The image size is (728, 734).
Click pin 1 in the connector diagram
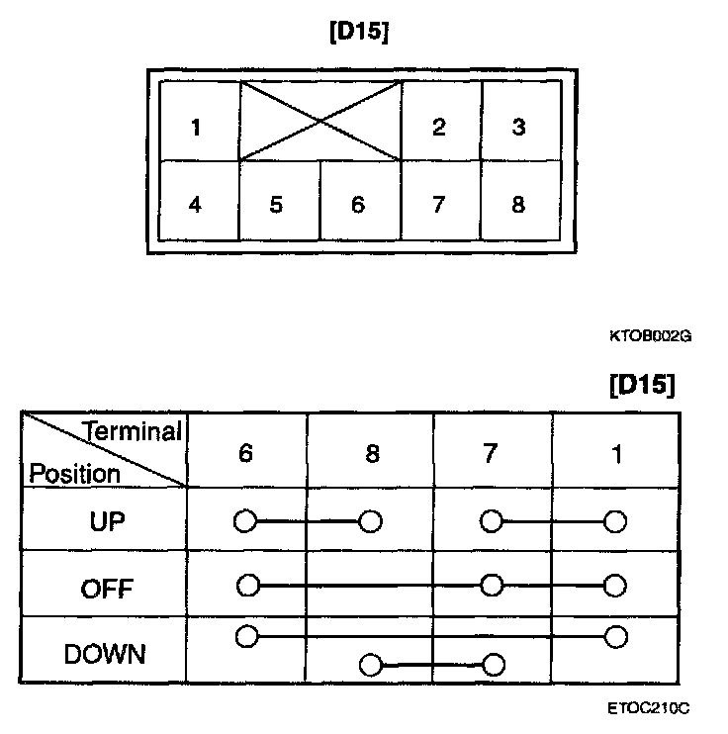pyautogui.click(x=196, y=128)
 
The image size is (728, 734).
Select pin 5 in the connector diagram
pyautogui.click(x=276, y=205)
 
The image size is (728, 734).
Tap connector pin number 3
pyautogui.click(x=518, y=128)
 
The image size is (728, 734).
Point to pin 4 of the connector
pyautogui.click(x=196, y=205)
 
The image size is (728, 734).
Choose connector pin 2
pyautogui.click(x=438, y=128)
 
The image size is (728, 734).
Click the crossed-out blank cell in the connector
pyautogui.click(x=320, y=122)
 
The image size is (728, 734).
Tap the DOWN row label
pyautogui.click(x=104, y=654)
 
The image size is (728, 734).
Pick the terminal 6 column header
pyautogui.click(x=245, y=454)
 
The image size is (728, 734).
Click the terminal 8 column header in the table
pyautogui.click(x=372, y=454)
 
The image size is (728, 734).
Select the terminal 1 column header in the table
pyautogui.click(x=616, y=454)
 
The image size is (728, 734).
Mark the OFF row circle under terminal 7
pyautogui.click(x=491, y=586)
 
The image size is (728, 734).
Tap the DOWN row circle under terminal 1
pyautogui.click(x=616, y=635)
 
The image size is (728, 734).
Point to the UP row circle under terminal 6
pyautogui.click(x=245, y=521)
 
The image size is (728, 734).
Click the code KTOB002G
pyautogui.click(x=650, y=336)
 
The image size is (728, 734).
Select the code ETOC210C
pyautogui.click(x=649, y=708)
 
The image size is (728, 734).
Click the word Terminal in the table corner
pyautogui.click(x=134, y=432)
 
